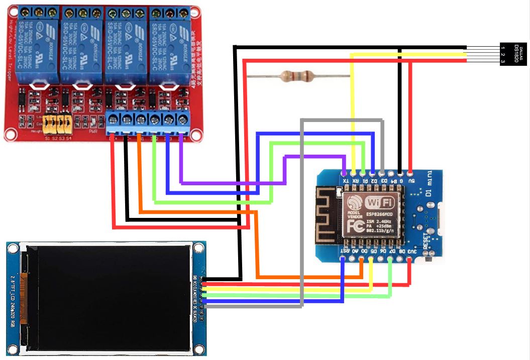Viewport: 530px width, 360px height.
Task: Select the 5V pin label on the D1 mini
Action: (411, 181)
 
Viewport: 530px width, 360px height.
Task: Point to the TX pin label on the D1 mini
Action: (344, 181)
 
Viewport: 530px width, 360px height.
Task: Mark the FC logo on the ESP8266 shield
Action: (355, 227)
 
